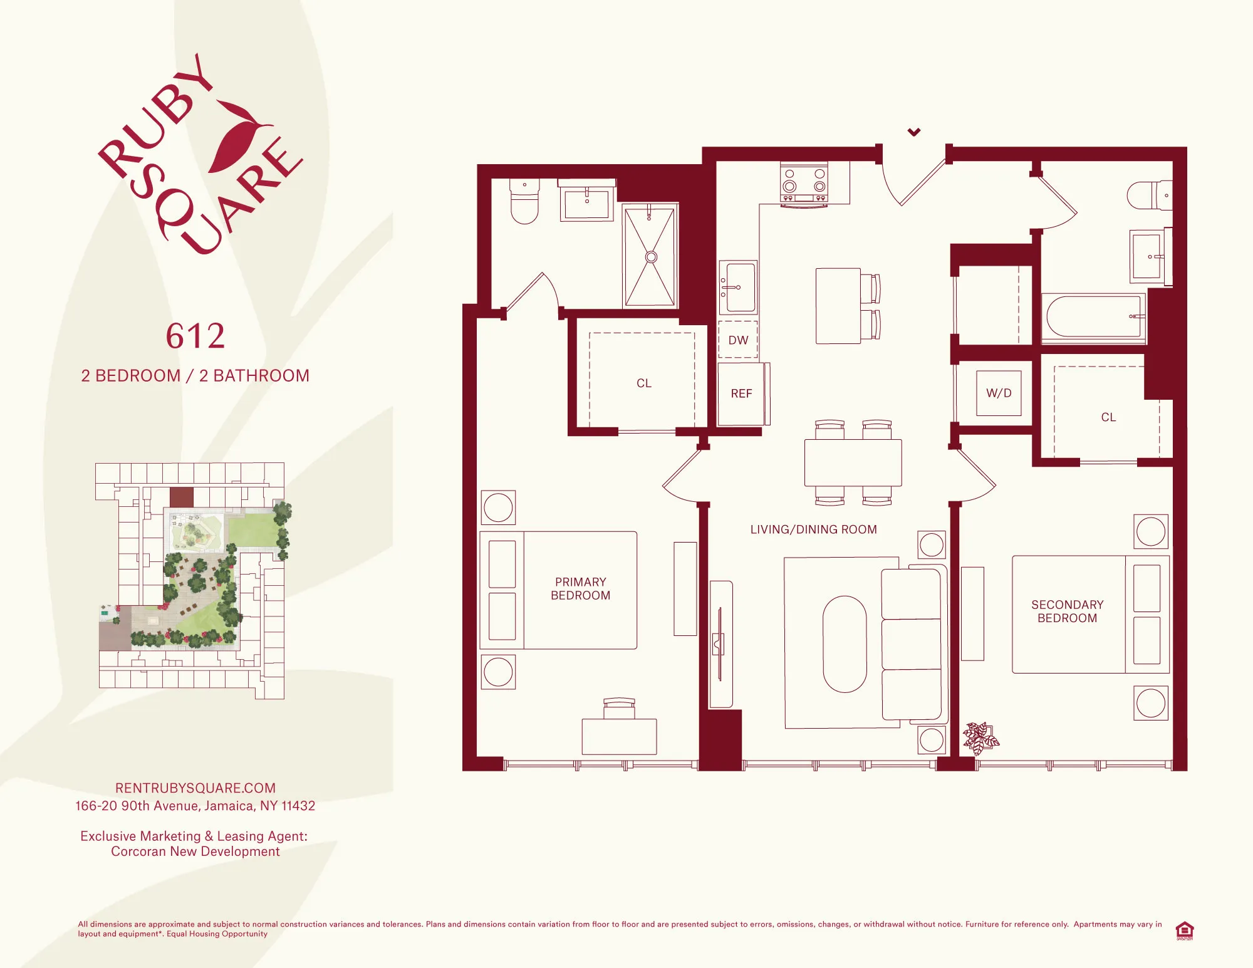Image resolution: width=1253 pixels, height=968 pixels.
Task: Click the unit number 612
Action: click(195, 336)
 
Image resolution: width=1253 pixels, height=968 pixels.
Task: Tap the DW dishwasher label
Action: click(738, 340)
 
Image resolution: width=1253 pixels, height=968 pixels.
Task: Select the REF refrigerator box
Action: click(741, 393)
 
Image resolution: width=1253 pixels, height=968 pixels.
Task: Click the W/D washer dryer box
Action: click(999, 393)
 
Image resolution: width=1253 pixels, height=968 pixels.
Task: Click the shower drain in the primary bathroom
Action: click(651, 257)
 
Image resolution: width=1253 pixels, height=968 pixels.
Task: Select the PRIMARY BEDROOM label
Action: click(580, 589)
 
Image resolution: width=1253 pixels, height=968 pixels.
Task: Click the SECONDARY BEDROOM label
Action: click(1067, 612)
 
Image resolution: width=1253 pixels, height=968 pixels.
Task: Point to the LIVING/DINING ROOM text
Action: click(813, 529)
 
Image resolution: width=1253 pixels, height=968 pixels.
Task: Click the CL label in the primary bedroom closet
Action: click(644, 383)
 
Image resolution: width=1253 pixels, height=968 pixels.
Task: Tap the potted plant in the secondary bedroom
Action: click(980, 737)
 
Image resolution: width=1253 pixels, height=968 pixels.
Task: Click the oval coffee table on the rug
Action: click(845, 644)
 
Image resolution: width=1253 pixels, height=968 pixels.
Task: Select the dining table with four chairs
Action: click(853, 462)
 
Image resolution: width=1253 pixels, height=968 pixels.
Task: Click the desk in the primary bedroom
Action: click(619, 736)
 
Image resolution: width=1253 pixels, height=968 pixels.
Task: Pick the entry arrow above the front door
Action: click(914, 132)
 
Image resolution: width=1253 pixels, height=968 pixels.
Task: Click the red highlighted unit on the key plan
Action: click(182, 497)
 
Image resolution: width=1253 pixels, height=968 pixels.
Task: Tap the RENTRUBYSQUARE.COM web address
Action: click(195, 788)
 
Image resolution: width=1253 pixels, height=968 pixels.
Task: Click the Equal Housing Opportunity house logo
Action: click(1184, 930)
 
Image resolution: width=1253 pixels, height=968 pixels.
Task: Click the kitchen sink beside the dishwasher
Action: click(739, 287)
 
